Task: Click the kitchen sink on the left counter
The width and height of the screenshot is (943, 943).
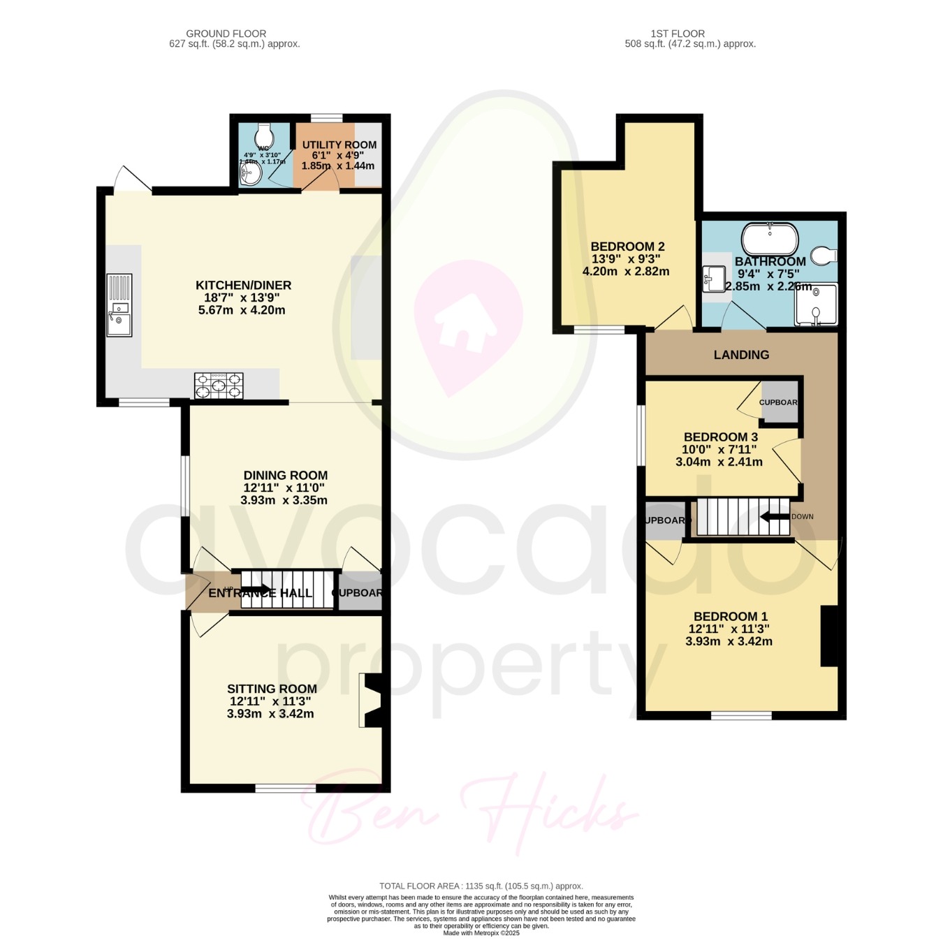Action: pyautogui.click(x=119, y=305)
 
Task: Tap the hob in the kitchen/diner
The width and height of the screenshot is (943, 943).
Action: pyautogui.click(x=219, y=386)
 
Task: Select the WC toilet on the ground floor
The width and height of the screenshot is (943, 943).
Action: pyautogui.click(x=264, y=133)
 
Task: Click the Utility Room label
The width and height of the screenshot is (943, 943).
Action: pyautogui.click(x=339, y=145)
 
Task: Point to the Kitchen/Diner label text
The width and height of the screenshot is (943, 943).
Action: pyautogui.click(x=243, y=285)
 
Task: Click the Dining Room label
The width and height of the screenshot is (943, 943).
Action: pyautogui.click(x=285, y=475)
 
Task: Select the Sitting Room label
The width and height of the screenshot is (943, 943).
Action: pyautogui.click(x=272, y=689)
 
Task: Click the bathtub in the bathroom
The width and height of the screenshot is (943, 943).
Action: pyautogui.click(x=769, y=240)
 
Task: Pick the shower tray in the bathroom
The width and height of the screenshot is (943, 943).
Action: pyautogui.click(x=816, y=305)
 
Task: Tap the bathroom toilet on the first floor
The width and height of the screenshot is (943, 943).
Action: pyautogui.click(x=825, y=255)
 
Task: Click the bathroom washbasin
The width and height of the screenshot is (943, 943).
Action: pyautogui.click(x=713, y=279)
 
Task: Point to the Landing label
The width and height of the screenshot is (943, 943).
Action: pyautogui.click(x=741, y=355)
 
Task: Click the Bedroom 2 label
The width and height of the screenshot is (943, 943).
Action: pyautogui.click(x=627, y=247)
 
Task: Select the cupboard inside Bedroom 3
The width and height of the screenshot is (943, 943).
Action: pyautogui.click(x=779, y=402)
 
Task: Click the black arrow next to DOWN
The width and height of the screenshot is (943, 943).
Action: pyautogui.click(x=775, y=517)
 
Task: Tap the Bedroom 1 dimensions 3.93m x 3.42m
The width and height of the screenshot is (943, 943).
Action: pyautogui.click(x=729, y=641)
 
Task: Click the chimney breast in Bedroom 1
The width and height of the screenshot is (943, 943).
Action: pyautogui.click(x=829, y=636)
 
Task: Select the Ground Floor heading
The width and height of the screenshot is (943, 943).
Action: pyautogui.click(x=226, y=34)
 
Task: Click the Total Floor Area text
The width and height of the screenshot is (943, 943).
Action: pyautogui.click(x=481, y=886)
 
